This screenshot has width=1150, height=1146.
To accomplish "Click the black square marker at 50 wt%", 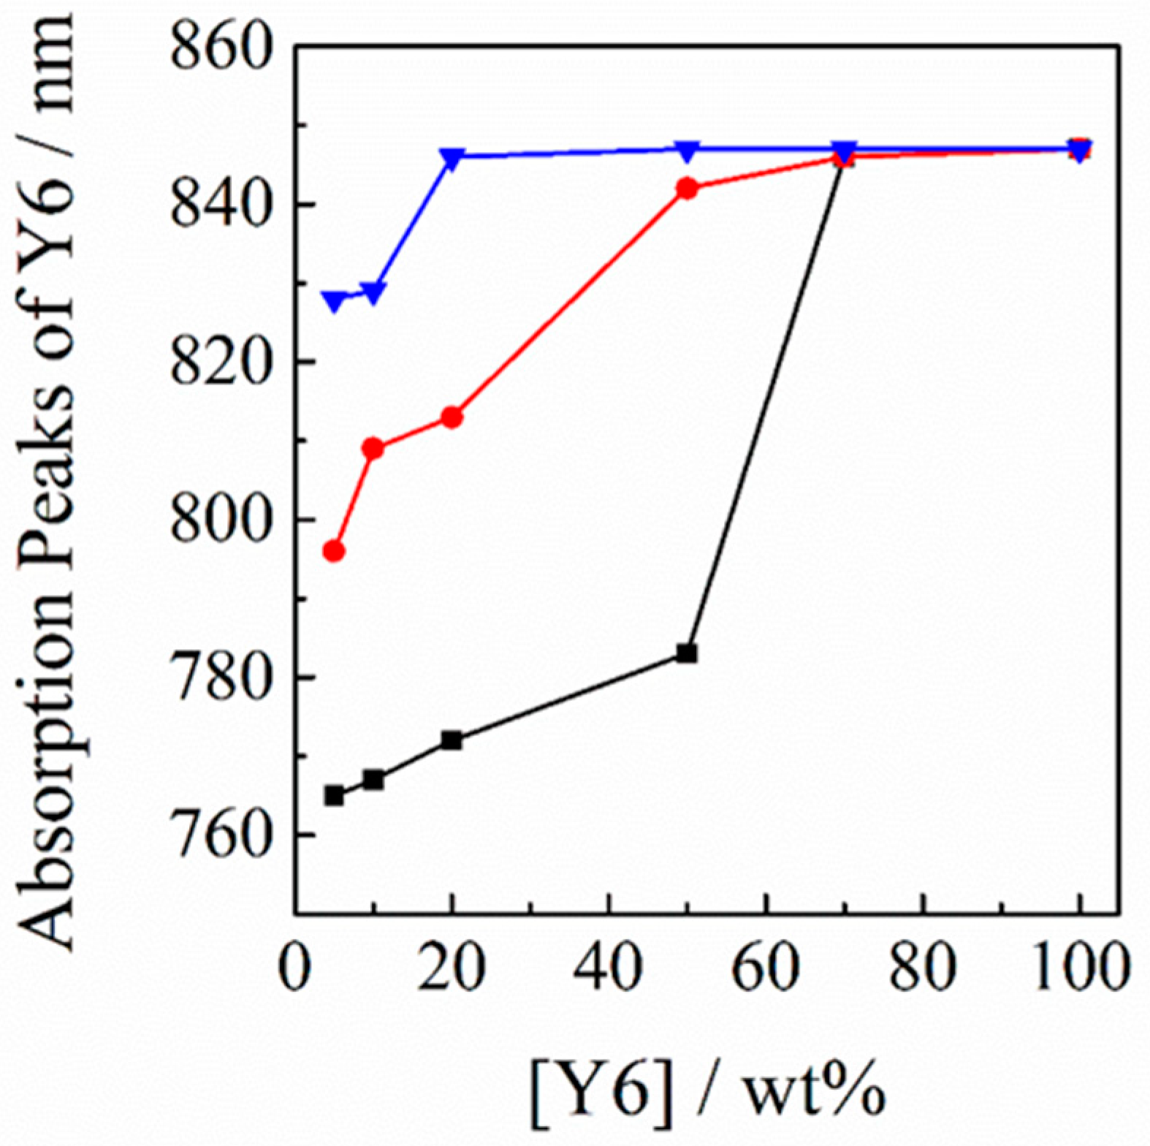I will pyautogui.click(x=687, y=653).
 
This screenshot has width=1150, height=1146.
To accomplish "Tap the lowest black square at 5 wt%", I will pyautogui.click(x=334, y=795).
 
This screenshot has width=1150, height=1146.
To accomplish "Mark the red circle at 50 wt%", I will pyautogui.click(x=687, y=189).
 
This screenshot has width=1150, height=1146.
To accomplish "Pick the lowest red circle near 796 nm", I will pyautogui.click(x=334, y=551).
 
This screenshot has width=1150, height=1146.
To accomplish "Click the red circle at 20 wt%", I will pyautogui.click(x=452, y=417).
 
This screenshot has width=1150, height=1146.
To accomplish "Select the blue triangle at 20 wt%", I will pyautogui.click(x=452, y=158).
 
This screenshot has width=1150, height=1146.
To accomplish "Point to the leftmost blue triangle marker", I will pyautogui.click(x=334, y=300).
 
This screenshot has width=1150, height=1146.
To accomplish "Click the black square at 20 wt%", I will pyautogui.click(x=452, y=740).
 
